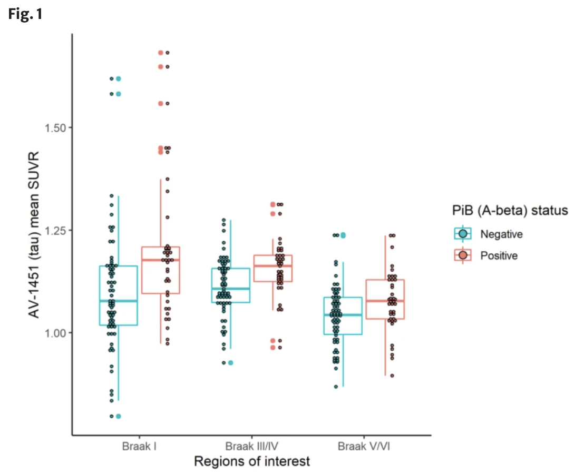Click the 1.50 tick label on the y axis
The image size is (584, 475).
tap(54, 127)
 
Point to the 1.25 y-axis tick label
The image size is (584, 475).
tap(54, 230)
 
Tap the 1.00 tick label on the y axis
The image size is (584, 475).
tap(54, 333)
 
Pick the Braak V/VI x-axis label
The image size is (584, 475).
tap(364, 447)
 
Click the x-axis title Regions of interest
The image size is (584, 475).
tap(251, 462)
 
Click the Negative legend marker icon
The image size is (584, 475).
tap(463, 234)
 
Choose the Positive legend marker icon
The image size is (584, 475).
tap(463, 256)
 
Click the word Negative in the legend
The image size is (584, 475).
tap(501, 234)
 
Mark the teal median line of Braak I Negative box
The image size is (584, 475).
tap(118, 301)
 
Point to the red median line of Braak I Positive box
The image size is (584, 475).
tap(160, 260)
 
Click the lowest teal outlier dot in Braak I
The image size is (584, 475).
tap(119, 416)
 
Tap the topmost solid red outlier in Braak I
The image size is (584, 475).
tap(160, 53)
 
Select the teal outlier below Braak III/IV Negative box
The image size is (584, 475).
tap(230, 362)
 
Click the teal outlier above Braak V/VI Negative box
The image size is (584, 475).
tap(343, 235)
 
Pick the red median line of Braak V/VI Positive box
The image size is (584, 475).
tap(385, 301)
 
